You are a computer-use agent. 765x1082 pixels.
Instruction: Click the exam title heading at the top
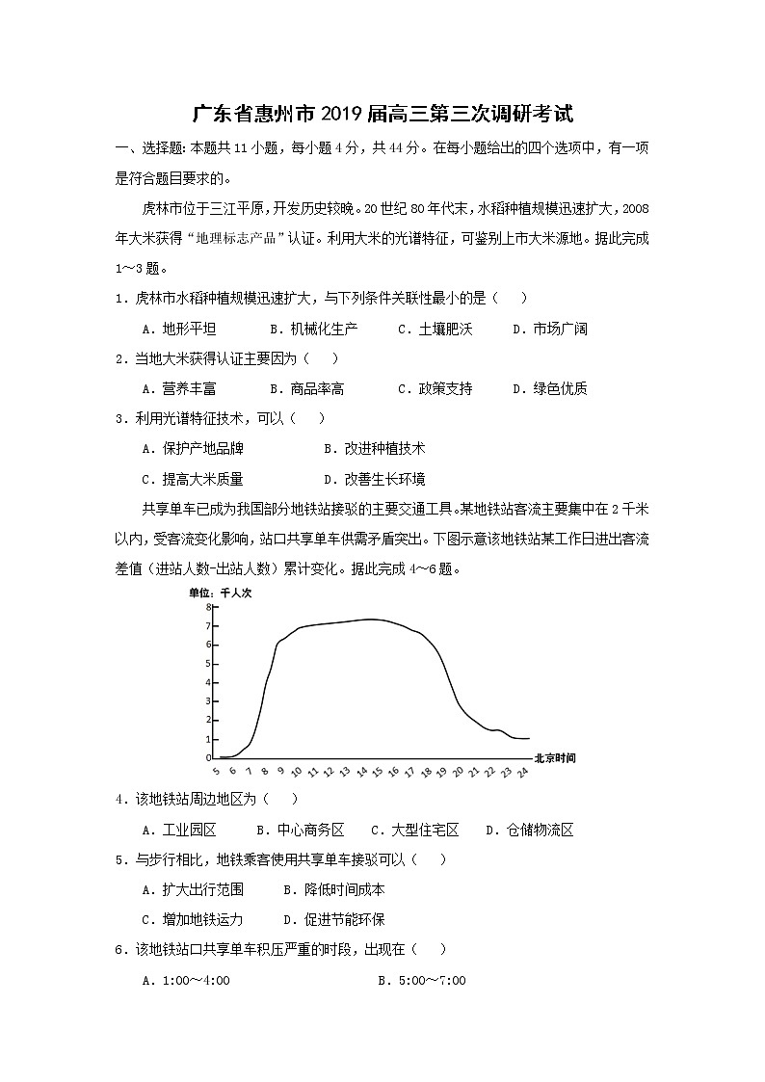[382, 115]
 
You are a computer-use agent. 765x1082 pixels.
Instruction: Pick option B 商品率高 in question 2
[306, 388]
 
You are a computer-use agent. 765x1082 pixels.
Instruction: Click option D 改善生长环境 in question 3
[374, 479]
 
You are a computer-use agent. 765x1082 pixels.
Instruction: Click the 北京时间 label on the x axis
[555, 758]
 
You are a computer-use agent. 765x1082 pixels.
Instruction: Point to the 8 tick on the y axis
[207, 608]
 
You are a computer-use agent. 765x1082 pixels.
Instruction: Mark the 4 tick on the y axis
[207, 682]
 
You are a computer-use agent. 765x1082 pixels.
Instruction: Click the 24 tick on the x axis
[522, 772]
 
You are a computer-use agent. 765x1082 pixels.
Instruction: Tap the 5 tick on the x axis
[216, 772]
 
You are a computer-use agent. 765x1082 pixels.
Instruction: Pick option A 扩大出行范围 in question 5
[192, 889]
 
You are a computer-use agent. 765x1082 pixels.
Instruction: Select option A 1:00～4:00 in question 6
[185, 980]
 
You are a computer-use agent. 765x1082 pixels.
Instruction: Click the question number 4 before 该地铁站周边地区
[119, 799]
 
